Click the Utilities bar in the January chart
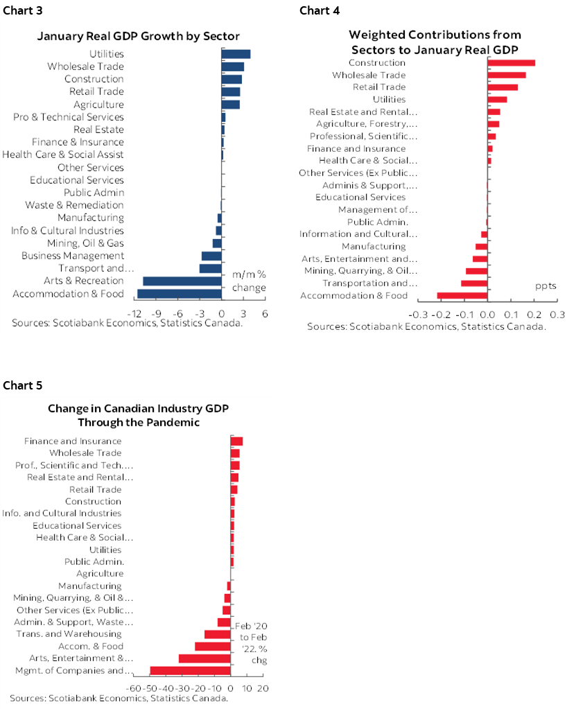pos(236,54)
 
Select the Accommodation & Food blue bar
pos(179,294)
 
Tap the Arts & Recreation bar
pos(182,281)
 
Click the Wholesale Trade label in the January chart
pos(85,67)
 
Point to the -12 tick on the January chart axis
pos(137,313)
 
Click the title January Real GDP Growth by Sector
pos(138,36)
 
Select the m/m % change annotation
pos(248,281)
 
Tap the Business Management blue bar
pos(211,256)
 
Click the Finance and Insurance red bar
pos(236,441)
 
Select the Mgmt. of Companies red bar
pos(190,670)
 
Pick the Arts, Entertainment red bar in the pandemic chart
pos(205,658)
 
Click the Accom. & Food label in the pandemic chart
pos(90,646)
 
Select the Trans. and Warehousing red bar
pos(217,634)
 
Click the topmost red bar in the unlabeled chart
pos(512,62)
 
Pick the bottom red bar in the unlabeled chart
pos(462,296)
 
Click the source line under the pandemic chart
pos(119,699)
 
